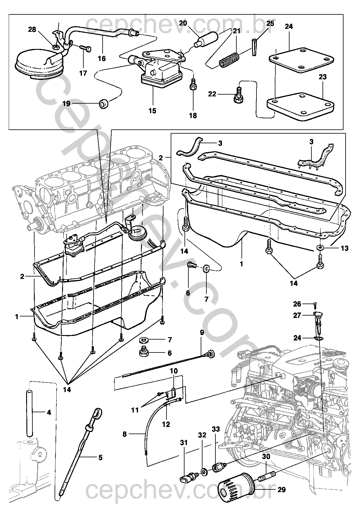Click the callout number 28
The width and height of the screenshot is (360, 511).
coord(32,29)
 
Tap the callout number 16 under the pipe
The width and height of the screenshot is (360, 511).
coord(102,59)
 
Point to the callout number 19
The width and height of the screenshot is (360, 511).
coord(67,104)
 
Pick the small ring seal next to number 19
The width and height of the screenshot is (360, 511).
coord(104,104)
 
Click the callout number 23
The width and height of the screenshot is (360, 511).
coord(322,77)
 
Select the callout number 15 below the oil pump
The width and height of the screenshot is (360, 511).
coord(152,111)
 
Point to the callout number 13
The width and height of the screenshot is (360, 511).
coord(344,248)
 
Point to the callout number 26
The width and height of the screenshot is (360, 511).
coord(297,304)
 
